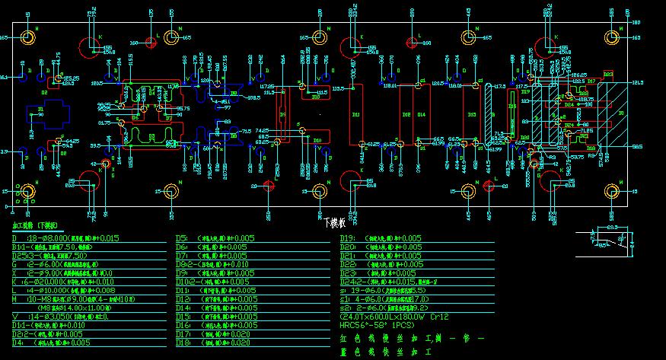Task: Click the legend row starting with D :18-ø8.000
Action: pyautogui.click(x=65, y=238)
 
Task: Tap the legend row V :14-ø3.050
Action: pyautogui.click(x=61, y=316)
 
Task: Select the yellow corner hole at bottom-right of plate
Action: pyautogui.click(x=612, y=192)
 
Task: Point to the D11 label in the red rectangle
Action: pyautogui.click(x=355, y=114)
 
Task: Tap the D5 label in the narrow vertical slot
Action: pyautogui.click(x=283, y=115)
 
